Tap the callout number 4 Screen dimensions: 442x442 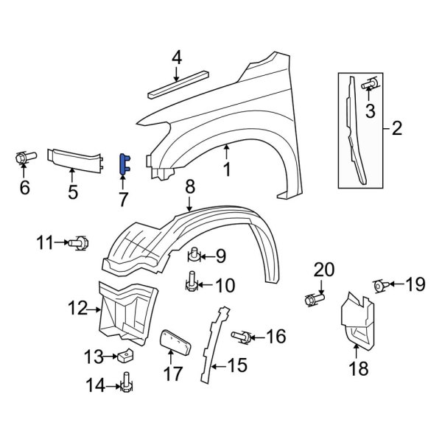point(176,57)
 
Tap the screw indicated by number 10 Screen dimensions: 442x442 point(192,282)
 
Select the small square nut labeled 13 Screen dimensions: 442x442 point(124,356)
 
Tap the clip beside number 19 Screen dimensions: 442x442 point(381,285)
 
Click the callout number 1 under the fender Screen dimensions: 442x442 point(227,169)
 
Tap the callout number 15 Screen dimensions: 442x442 point(236,363)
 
